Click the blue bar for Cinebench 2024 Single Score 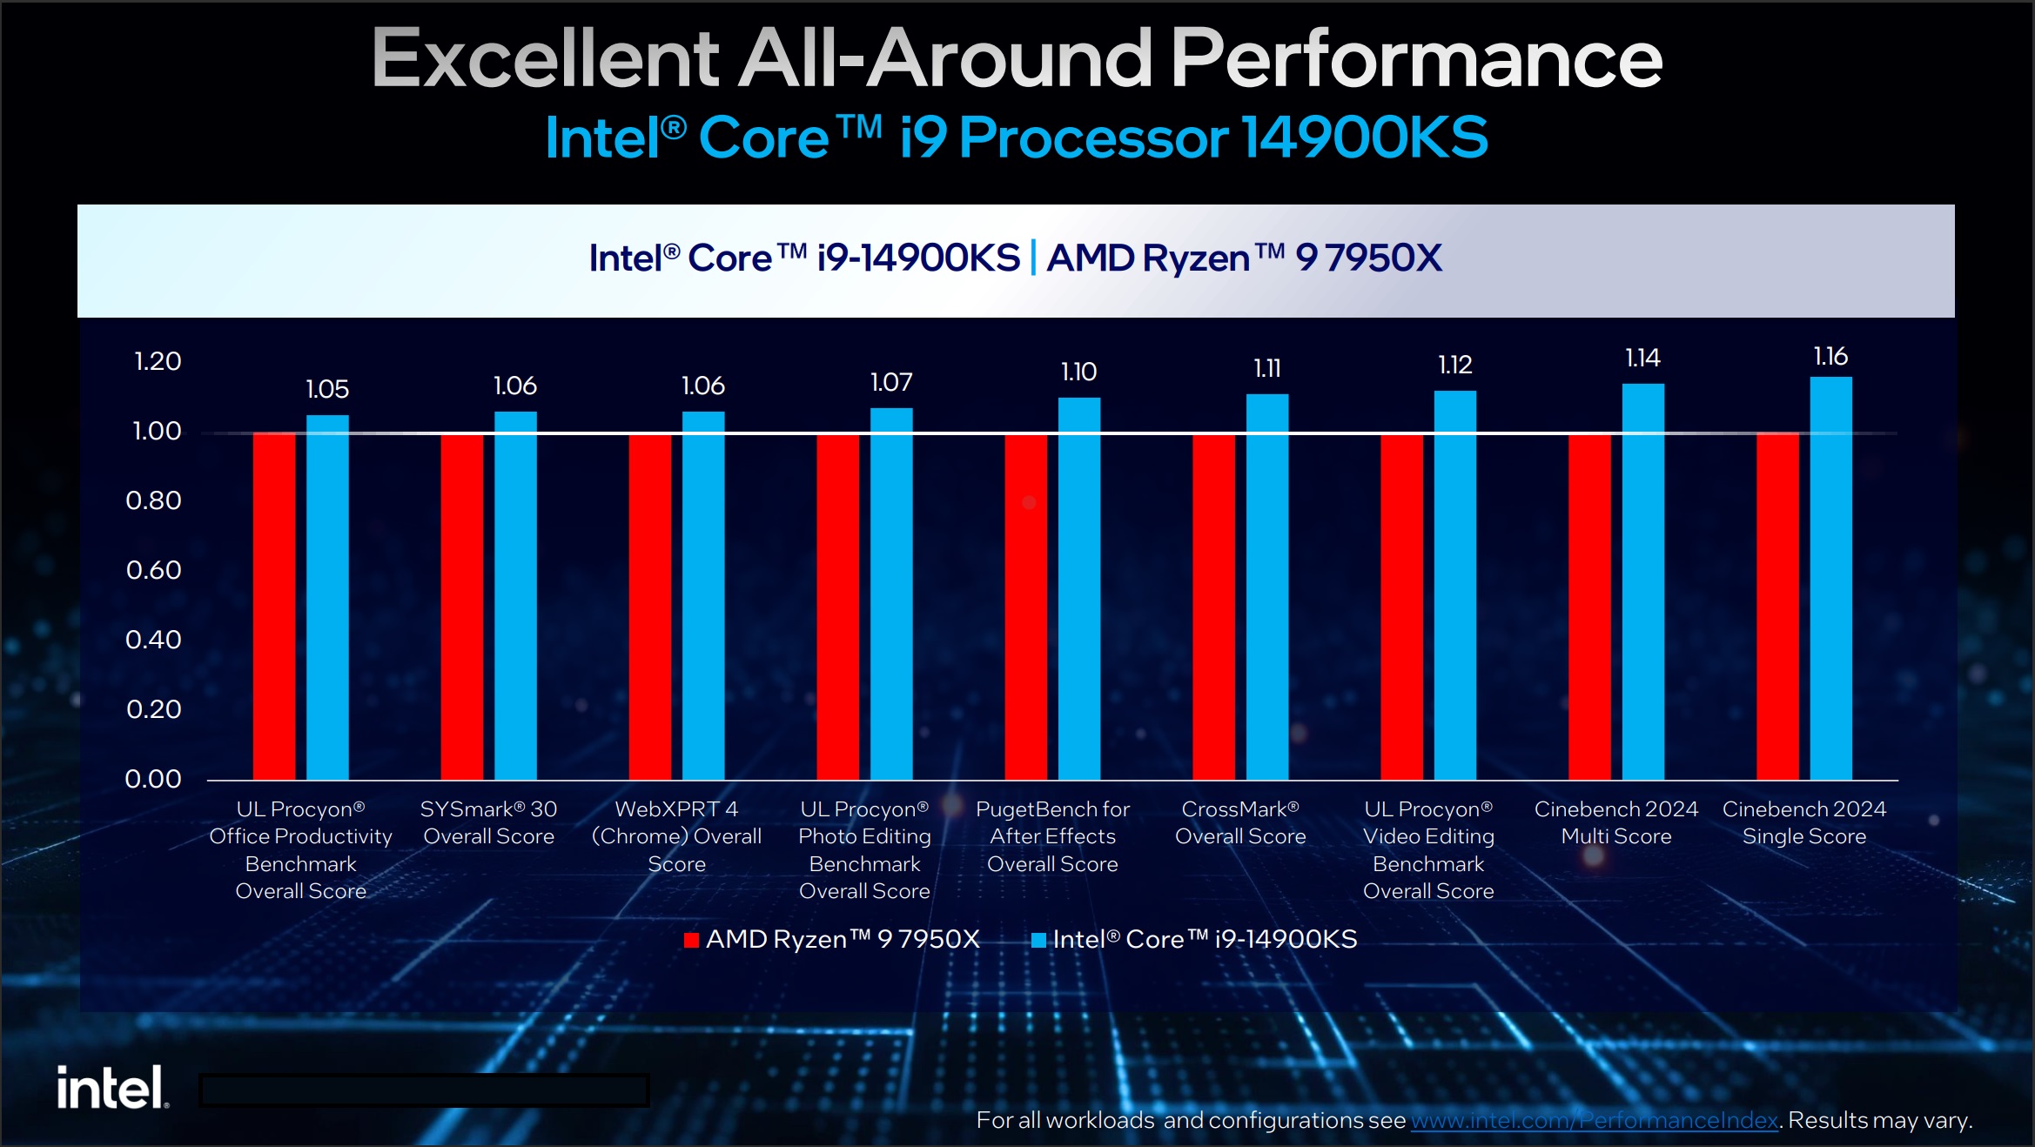click(x=1830, y=578)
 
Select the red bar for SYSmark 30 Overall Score click(x=461, y=606)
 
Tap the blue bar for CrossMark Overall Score click(x=1266, y=587)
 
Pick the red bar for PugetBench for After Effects click(x=1025, y=606)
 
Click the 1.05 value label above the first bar click(x=327, y=389)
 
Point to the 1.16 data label click(x=1830, y=356)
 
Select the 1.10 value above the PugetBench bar click(x=1078, y=372)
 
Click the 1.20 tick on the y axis click(x=158, y=361)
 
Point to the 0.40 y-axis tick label click(x=153, y=640)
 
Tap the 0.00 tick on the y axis click(x=153, y=779)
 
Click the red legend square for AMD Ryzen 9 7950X click(x=691, y=940)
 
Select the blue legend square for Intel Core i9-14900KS click(x=1038, y=940)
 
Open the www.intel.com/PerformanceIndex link click(x=1594, y=1120)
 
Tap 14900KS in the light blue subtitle click(x=1364, y=138)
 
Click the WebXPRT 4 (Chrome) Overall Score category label click(x=676, y=836)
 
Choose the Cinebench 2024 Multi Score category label click(x=1615, y=822)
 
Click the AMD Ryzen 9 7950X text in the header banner click(x=1244, y=258)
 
